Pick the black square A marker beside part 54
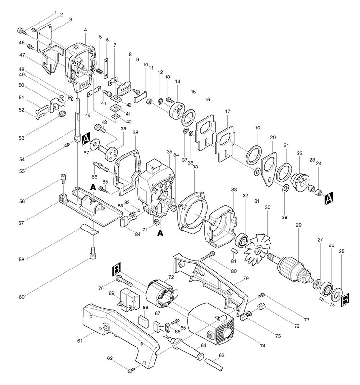(86, 141)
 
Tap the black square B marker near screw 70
(116, 270)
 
